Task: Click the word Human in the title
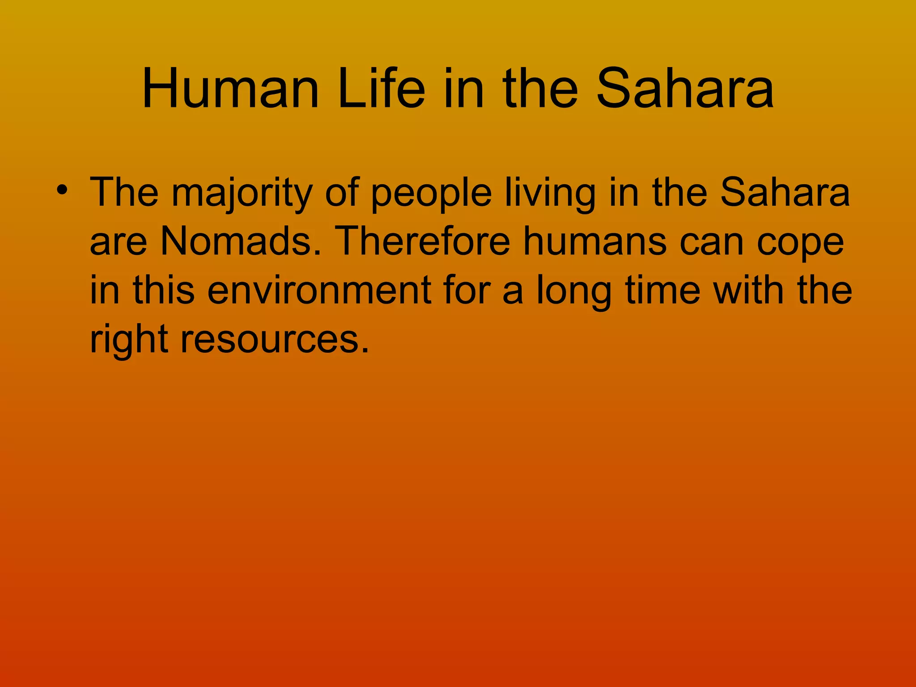pyautogui.click(x=230, y=89)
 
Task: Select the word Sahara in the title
pyautogui.click(x=685, y=89)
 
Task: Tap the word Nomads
pyautogui.click(x=241, y=242)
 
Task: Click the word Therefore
pyautogui.click(x=422, y=242)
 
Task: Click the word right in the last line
pyautogui.click(x=129, y=340)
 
